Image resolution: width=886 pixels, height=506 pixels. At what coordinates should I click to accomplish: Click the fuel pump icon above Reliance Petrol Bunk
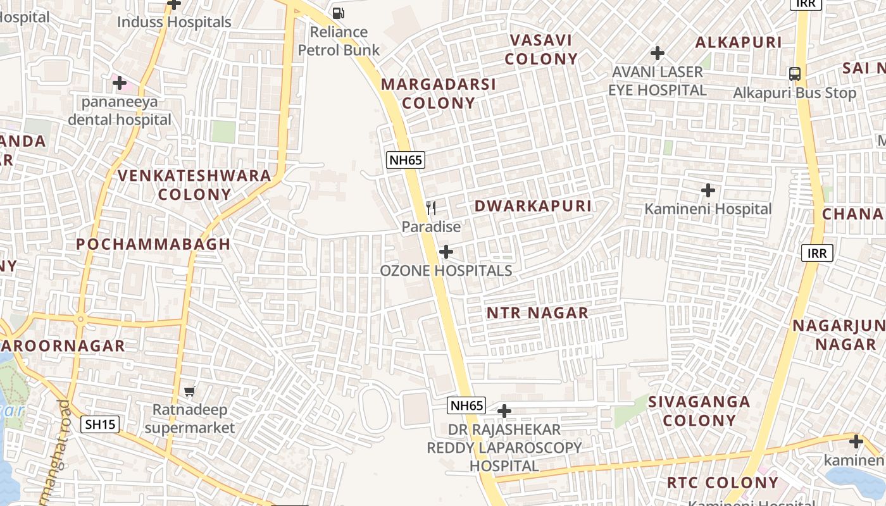coord(339,12)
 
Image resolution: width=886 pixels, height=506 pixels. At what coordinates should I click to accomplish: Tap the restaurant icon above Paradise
coord(431,207)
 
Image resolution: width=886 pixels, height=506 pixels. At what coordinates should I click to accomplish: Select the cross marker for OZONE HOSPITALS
coord(446,252)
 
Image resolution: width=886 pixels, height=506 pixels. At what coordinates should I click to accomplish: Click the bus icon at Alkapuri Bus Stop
coord(795,73)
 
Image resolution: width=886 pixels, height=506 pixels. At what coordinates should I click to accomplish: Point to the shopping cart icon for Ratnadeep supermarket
coord(190,391)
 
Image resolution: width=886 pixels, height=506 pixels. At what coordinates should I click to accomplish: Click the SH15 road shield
coord(101,424)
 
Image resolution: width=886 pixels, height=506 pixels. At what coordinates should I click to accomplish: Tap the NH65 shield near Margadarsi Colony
coord(406,160)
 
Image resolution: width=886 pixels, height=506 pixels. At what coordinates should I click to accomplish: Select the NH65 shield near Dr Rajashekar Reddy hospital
coord(466,405)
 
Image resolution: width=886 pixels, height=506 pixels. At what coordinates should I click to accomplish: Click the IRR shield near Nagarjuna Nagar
coord(818,254)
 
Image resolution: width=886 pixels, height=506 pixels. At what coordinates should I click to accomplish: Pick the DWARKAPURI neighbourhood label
coord(533,206)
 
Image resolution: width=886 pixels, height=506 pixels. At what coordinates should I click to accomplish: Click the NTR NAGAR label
coord(537,312)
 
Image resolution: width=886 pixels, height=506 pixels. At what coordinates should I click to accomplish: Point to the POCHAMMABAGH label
coord(153,244)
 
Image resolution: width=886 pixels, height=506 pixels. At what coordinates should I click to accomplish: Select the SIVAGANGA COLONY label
coord(699,410)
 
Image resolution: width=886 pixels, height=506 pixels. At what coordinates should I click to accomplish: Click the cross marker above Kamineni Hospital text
coord(708,190)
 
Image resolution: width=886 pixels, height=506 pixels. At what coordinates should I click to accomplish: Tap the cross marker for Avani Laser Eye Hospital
coord(658,52)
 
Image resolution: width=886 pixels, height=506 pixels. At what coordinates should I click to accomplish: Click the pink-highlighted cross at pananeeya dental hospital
coord(119,82)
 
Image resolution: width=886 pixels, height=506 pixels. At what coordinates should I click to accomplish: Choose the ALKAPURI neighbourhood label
coord(739,42)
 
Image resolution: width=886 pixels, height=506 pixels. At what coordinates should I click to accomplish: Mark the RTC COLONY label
coord(723,483)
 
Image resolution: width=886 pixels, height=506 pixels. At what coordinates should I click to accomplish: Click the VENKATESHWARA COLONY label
coord(195,185)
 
